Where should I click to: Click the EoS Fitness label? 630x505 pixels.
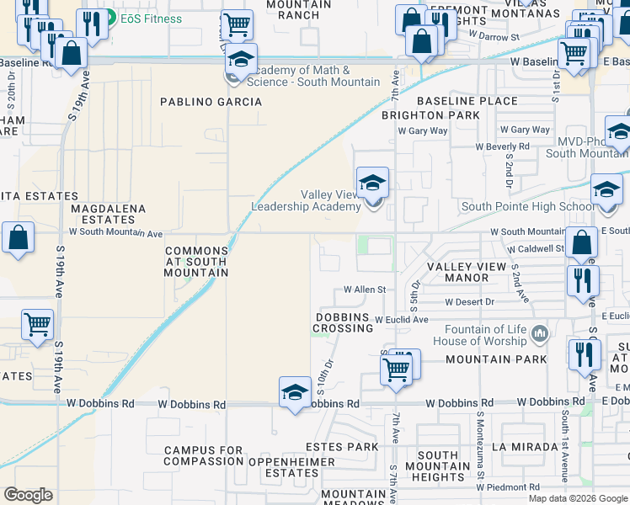150,19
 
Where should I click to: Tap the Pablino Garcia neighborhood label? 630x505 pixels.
211,102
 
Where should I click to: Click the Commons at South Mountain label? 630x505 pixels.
196,262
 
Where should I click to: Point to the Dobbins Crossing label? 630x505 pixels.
343,322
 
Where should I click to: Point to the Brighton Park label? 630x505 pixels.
430,114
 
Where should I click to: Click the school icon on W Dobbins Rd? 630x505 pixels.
295,392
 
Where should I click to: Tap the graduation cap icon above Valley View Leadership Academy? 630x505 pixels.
371,182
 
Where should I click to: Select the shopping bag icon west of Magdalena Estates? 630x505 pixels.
18,238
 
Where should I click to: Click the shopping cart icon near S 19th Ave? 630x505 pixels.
37,323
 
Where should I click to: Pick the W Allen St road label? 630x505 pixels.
364,290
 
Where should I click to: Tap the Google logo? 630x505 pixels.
29,495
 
